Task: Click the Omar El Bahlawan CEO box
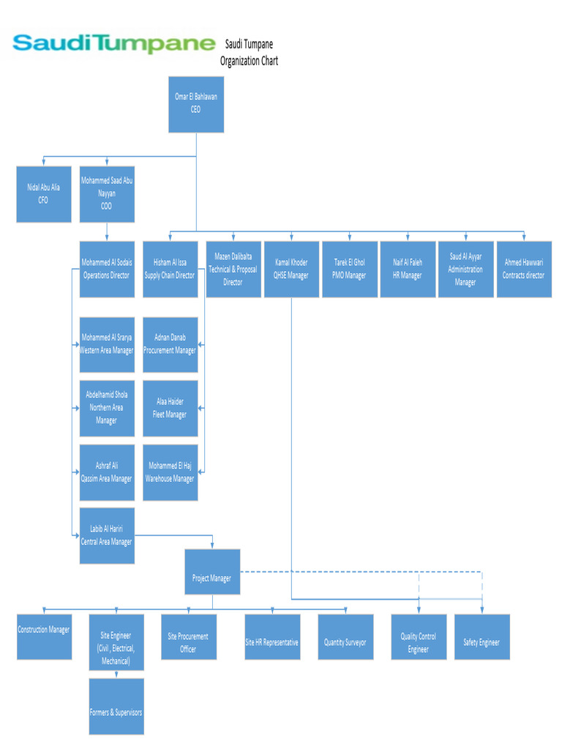[196, 104]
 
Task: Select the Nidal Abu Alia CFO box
[44, 194]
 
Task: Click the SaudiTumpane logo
[114, 43]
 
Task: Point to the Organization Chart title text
[249, 53]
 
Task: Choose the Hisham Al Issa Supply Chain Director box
[170, 269]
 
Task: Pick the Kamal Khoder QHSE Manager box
[291, 269]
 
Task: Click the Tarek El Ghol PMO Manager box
[350, 269]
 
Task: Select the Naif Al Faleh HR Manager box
[408, 269]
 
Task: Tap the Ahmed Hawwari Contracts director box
[524, 269]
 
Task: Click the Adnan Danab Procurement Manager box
[170, 344]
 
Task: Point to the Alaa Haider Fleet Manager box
[170, 408]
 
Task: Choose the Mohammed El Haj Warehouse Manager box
[170, 472]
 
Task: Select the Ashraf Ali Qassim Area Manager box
[107, 472]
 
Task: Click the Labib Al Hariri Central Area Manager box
[107, 535]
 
